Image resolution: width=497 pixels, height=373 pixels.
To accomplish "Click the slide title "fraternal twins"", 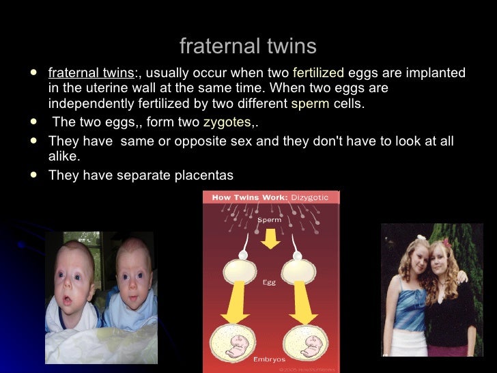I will pos(248,46).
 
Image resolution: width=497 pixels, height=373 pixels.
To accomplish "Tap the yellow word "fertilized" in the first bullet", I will pos(318,73).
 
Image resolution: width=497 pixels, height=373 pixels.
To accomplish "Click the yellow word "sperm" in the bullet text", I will pos(310,105).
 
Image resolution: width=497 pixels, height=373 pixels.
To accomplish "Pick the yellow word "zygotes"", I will pos(227,123).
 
